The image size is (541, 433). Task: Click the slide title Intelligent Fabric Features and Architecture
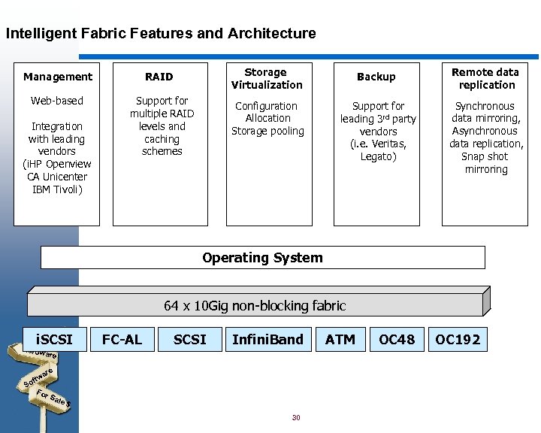[x=161, y=34]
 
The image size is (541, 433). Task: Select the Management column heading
[x=58, y=77]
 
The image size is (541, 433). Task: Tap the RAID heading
[x=159, y=77]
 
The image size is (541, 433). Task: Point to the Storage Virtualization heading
[x=267, y=78]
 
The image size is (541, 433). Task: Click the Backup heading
[x=376, y=77]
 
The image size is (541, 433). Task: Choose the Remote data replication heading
[x=485, y=78]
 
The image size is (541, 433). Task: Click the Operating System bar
[x=262, y=258]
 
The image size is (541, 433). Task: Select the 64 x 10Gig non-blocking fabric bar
[x=255, y=306]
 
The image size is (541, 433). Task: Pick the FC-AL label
[x=122, y=340]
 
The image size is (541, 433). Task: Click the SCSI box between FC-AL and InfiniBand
[x=189, y=340]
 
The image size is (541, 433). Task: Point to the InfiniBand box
[x=267, y=340]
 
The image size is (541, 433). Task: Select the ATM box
[x=340, y=340]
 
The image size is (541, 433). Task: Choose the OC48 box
[x=397, y=340]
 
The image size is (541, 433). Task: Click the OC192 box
[x=458, y=340]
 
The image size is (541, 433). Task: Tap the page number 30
[x=296, y=417]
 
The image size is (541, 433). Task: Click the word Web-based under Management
[x=57, y=101]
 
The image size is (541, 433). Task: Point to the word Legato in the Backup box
[x=378, y=156]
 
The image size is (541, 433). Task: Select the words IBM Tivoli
[x=57, y=189]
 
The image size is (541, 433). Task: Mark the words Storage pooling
[x=267, y=131]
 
